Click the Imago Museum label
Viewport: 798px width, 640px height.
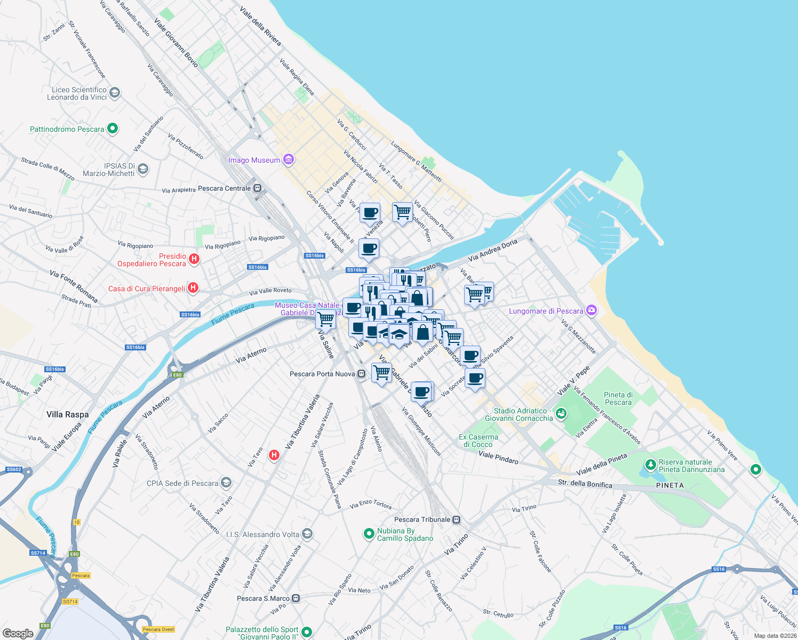[x=254, y=160]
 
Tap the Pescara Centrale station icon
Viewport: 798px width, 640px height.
[x=257, y=188]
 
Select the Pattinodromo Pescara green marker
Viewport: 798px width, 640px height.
[x=112, y=129]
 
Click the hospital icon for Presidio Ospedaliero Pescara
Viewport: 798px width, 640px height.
[x=194, y=259]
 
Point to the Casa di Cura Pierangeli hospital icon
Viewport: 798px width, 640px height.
[x=193, y=288]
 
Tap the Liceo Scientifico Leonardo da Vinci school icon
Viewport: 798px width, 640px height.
[x=115, y=93]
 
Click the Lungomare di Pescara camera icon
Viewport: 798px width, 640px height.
[x=591, y=310]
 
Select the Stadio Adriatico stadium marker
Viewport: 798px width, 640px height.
[x=561, y=413]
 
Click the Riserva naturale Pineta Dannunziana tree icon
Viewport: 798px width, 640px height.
[x=650, y=465]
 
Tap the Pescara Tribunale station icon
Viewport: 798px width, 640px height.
[x=456, y=519]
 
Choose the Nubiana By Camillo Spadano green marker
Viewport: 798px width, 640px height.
[x=369, y=533]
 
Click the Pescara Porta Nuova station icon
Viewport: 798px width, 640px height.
[x=362, y=374]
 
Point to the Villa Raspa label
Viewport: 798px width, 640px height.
[x=68, y=414]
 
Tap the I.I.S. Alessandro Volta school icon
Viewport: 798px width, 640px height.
[x=307, y=533]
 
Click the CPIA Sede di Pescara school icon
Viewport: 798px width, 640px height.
[x=226, y=483]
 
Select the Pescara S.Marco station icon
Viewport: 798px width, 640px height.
[x=296, y=598]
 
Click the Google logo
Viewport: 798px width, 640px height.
[x=18, y=633]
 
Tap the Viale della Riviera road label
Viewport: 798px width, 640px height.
[x=260, y=26]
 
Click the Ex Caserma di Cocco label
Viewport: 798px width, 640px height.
[x=478, y=441]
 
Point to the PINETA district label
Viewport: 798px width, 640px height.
[x=670, y=485]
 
